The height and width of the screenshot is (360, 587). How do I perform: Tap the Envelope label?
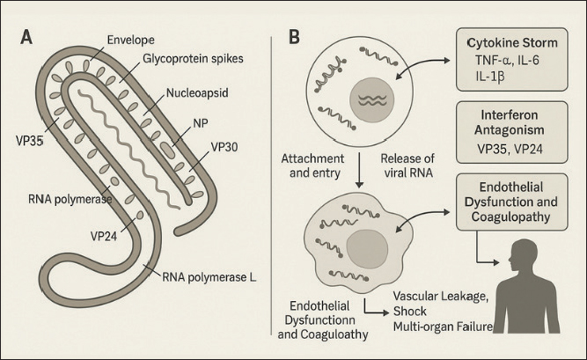[129, 40]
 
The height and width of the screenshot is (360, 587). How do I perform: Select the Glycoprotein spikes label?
[182, 61]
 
